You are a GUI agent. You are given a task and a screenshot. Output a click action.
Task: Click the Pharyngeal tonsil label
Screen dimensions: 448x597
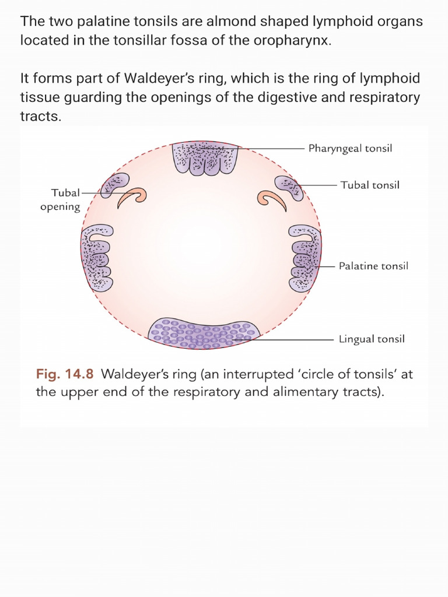350,149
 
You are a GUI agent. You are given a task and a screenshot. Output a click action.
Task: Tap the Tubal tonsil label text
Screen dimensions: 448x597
370,185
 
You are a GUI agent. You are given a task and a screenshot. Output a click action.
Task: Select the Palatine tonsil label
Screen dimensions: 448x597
373,266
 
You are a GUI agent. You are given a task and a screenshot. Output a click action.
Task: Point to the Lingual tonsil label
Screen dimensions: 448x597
372,339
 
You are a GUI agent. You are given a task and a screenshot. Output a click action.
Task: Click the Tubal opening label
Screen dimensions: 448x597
61,199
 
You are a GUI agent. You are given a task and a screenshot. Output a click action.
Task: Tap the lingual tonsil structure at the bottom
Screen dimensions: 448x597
204,333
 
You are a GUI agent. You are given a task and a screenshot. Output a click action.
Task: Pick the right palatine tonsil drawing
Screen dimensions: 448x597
305,258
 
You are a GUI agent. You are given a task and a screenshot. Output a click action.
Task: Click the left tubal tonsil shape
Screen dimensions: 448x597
114,185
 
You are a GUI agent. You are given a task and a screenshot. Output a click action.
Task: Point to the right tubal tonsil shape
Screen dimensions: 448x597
289,187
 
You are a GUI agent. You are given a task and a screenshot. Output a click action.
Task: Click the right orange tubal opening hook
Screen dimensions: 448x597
272,201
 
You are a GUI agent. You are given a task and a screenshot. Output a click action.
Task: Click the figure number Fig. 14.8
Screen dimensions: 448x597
65,374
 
